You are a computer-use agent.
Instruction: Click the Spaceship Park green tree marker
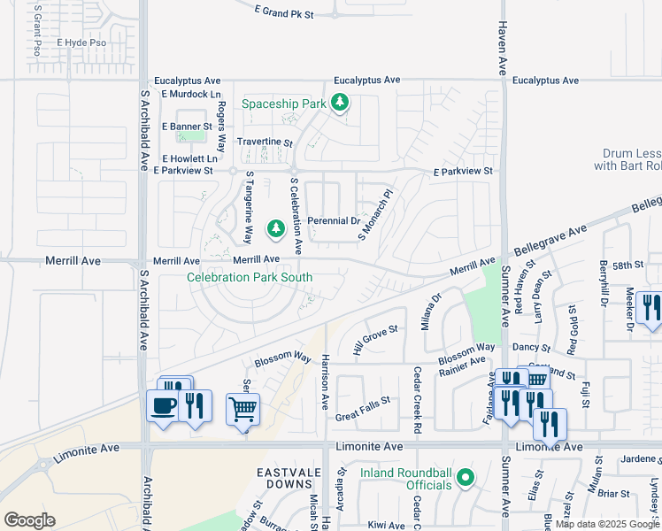(x=339, y=104)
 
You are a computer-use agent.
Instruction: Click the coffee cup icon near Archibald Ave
(x=163, y=406)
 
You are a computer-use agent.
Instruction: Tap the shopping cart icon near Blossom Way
(x=242, y=409)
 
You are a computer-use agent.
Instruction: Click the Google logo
(x=29, y=519)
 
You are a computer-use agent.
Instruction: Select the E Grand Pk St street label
(x=283, y=11)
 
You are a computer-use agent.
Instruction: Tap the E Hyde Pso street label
(x=81, y=42)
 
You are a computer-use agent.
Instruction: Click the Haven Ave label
(x=502, y=48)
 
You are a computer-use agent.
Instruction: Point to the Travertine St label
(x=264, y=142)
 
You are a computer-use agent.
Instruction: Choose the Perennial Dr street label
(x=334, y=220)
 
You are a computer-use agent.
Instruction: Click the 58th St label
(x=627, y=265)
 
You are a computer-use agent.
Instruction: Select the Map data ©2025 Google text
(x=607, y=524)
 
